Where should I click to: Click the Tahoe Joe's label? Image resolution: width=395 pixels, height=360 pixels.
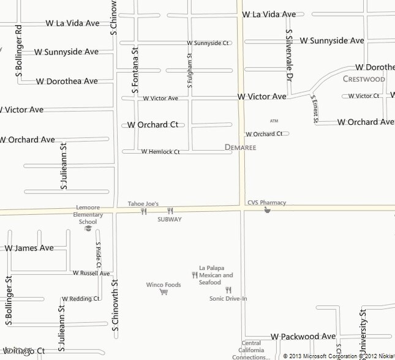point(143,204)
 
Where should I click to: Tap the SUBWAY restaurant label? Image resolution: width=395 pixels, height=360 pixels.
point(170,219)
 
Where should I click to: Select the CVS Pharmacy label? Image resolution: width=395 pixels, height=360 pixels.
point(266,203)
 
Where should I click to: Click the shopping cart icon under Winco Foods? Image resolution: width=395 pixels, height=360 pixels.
point(164,292)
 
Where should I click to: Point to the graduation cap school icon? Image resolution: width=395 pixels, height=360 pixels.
point(88,228)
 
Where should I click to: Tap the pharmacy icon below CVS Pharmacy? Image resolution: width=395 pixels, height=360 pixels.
point(267,210)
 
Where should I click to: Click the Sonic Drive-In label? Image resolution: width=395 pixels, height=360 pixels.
point(228,299)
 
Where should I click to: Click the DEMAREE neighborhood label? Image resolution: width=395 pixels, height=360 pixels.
point(240,148)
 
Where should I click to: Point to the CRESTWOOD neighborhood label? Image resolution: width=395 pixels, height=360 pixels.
point(364,79)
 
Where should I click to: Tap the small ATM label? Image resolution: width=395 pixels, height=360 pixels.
point(274,121)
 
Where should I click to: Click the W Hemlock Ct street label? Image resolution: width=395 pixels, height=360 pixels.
point(160,152)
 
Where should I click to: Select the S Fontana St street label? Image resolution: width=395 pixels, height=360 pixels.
point(135,72)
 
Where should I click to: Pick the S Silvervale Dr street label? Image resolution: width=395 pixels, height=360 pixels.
point(288,55)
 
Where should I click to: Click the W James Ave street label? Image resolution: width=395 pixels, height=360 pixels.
point(29,248)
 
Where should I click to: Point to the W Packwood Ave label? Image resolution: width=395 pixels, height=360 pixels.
point(303,336)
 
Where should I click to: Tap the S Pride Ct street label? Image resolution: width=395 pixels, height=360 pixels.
point(97,257)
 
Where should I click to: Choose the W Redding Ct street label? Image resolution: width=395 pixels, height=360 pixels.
point(80,299)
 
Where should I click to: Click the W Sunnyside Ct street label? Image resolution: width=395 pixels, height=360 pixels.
point(208,43)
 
